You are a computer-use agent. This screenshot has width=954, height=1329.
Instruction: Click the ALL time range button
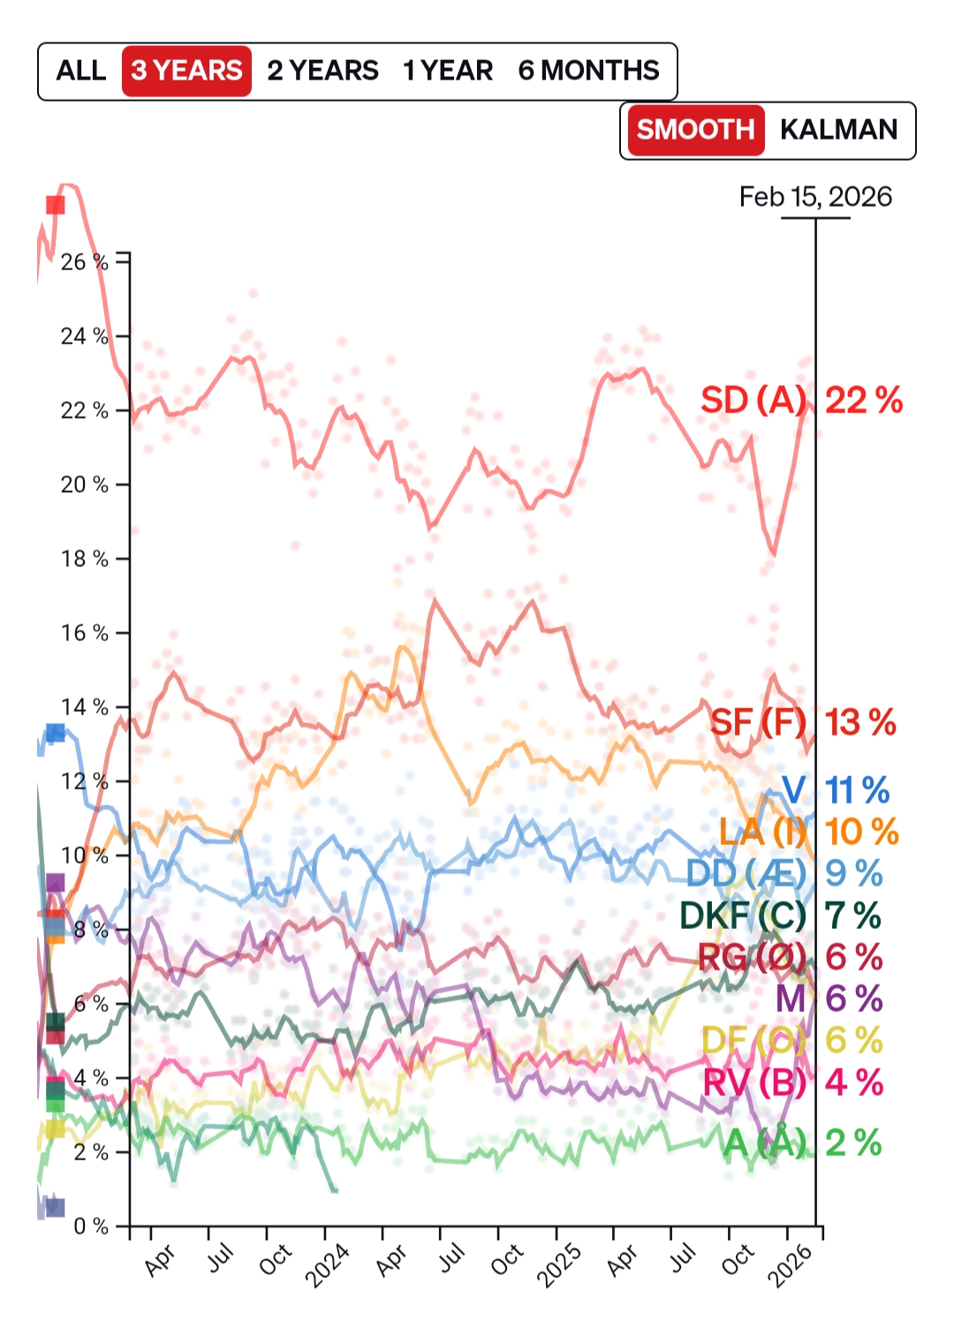pyautogui.click(x=80, y=71)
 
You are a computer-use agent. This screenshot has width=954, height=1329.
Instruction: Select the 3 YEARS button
pyautogui.click(x=186, y=71)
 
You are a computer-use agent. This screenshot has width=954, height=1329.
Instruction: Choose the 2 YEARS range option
pyautogui.click(x=322, y=71)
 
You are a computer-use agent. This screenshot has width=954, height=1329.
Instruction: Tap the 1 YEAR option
pyautogui.click(x=448, y=71)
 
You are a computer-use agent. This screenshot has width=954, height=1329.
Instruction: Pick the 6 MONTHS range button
pyautogui.click(x=588, y=71)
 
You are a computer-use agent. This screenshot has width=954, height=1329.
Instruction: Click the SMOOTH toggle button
pyautogui.click(x=694, y=130)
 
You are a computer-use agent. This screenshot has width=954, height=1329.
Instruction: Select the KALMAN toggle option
pyautogui.click(x=838, y=130)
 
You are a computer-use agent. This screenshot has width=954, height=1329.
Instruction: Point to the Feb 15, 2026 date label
pyautogui.click(x=815, y=197)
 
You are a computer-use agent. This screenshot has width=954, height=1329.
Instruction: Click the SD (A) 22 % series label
pyautogui.click(x=801, y=401)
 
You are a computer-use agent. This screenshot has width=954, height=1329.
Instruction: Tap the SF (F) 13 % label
pyautogui.click(x=803, y=722)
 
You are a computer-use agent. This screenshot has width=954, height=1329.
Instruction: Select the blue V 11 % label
pyautogui.click(x=836, y=790)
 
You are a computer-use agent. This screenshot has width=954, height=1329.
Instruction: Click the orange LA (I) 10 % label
pyautogui.click(x=808, y=832)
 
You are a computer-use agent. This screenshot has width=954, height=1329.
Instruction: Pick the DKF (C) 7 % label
pyautogui.click(x=780, y=917)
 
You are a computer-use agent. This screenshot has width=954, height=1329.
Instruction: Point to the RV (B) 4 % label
pyautogui.click(x=792, y=1083)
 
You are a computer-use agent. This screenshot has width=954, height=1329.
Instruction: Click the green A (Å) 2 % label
pyautogui.click(x=802, y=1144)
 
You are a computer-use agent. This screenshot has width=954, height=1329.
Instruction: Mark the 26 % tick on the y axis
pyautogui.click(x=85, y=262)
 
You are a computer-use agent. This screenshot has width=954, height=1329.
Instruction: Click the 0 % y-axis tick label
pyautogui.click(x=91, y=1227)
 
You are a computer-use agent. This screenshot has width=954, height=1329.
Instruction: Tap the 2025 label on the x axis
pyautogui.click(x=559, y=1265)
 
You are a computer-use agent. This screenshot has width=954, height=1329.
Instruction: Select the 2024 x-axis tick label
pyautogui.click(x=328, y=1265)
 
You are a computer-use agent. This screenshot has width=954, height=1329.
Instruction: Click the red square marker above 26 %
pyautogui.click(x=55, y=205)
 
